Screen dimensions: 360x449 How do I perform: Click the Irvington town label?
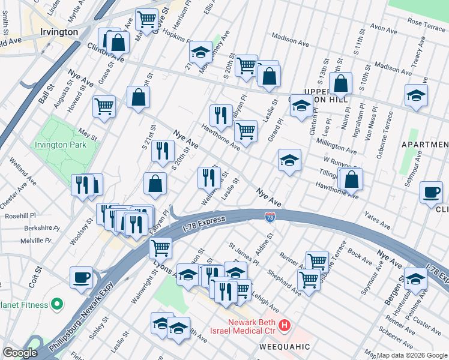pyautogui.click(x=58, y=31)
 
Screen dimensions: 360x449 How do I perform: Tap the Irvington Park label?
pyautogui.click(x=60, y=145)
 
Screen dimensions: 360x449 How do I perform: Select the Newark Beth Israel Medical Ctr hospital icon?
pyautogui.click(x=285, y=326)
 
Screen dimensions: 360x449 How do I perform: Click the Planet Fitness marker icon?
pyautogui.click(x=56, y=304)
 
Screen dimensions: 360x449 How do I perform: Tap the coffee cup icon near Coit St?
pyautogui.click(x=82, y=278)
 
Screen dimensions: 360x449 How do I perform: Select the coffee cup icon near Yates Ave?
pyautogui.click(x=431, y=192)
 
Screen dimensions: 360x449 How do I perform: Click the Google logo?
pyautogui.click(x=20, y=353)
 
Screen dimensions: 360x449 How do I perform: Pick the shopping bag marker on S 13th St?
pyautogui.click(x=340, y=84)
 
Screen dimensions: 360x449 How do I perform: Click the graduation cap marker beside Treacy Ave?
pyautogui.click(x=416, y=95)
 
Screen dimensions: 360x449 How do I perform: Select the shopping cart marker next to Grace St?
pyautogui.click(x=104, y=107)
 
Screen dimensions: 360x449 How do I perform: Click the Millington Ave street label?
pyautogui.click(x=340, y=146)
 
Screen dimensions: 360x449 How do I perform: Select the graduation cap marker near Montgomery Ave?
pyautogui.click(x=200, y=52)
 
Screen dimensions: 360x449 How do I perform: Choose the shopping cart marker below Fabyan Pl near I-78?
pyautogui.click(x=160, y=247)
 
